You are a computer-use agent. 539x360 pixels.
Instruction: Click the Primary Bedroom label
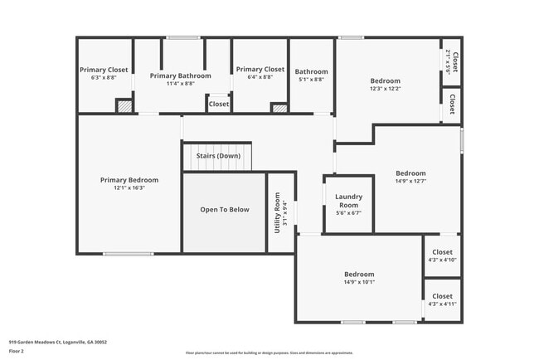click(129, 180)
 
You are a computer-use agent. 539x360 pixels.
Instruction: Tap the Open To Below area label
click(224, 210)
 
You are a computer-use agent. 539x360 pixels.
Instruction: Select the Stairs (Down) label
click(218, 156)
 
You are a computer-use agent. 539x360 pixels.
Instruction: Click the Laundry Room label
click(348, 201)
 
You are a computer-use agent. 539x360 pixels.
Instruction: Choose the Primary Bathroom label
click(174, 75)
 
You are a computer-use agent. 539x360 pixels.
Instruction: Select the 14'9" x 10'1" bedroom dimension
click(359, 282)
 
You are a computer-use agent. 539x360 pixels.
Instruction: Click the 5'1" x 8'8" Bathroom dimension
click(311, 80)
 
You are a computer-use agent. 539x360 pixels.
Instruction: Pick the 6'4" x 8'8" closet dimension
click(260, 77)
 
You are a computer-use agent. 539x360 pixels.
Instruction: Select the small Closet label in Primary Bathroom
click(219, 105)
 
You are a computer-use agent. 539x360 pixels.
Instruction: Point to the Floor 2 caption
click(17, 351)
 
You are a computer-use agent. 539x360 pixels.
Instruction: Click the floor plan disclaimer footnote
click(269, 353)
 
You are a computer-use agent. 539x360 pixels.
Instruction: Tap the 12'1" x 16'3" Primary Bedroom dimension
click(129, 187)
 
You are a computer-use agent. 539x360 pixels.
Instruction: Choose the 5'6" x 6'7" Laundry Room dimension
click(348, 212)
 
